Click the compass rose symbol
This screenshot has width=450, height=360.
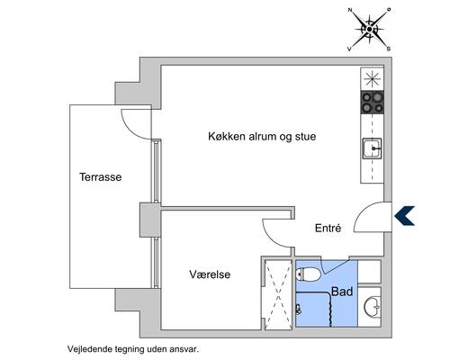[369, 29]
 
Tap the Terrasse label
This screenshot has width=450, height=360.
[100, 178]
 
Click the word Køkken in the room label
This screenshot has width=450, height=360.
[227, 137]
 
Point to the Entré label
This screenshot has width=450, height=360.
[327, 229]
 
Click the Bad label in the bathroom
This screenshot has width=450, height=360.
[342, 292]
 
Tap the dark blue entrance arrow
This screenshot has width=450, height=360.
[405, 214]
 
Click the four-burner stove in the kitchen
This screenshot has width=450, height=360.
[373, 103]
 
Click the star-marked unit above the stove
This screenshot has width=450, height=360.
[373, 79]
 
